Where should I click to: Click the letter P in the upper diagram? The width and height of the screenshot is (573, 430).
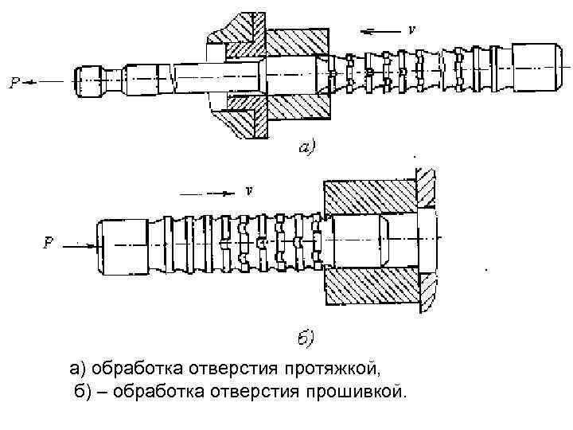(x=14, y=80)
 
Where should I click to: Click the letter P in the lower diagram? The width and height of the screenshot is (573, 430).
(x=49, y=244)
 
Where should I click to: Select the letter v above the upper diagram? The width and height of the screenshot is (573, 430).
(x=411, y=29)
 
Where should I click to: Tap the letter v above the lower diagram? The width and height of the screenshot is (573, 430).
(x=249, y=191)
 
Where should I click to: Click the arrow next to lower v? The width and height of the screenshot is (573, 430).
(x=210, y=192)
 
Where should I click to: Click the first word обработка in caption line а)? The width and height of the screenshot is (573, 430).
(x=135, y=369)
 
